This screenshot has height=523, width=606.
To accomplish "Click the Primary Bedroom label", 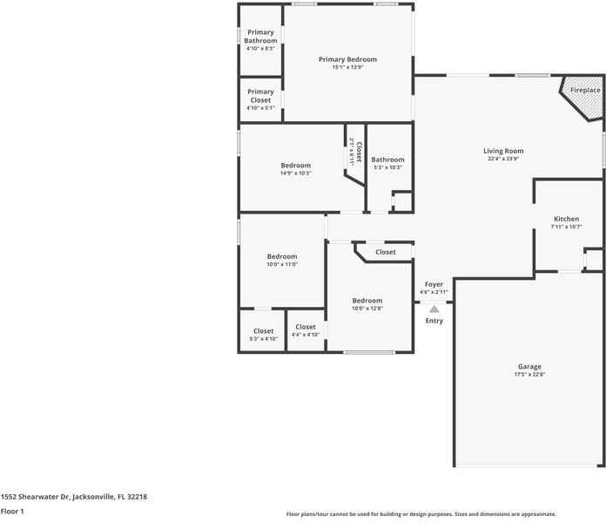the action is pos(347,59).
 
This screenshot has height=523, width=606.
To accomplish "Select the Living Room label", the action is pos(503,151).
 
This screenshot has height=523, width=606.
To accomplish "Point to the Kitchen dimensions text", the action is pos(566,227).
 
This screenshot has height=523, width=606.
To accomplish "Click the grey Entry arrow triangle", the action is pos(434,309).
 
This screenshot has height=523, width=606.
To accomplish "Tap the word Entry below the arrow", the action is pos(434,321).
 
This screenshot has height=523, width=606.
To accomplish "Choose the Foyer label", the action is pos(434,284).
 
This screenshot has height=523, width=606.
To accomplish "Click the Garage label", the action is pos(529,366).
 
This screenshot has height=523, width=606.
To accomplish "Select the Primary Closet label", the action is pos(260,96).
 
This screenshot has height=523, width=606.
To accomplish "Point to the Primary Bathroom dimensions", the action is pos(260,48).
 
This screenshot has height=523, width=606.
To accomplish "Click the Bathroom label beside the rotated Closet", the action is pos(387,160).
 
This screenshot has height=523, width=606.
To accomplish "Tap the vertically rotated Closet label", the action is pos(359,152).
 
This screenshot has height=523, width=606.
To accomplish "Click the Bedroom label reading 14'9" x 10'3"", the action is pos(296,165).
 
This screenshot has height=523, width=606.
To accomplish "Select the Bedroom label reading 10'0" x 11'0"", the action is pos(282,256).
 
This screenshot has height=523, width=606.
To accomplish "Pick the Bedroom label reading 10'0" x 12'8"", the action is pos(367,301).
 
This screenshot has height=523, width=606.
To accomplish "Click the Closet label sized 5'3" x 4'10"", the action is pos(264,331).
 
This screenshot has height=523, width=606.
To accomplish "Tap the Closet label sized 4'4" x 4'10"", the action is pos(306,327).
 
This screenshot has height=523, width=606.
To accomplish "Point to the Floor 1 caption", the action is pos(12,512).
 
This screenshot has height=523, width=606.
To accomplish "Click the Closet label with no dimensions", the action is pos(386,252).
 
